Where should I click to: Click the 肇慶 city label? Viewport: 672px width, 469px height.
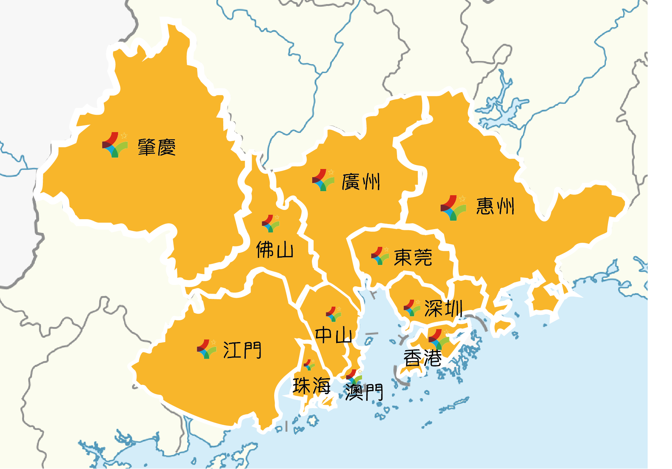click(x=156, y=148)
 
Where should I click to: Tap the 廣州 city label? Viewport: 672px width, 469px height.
click(x=361, y=182)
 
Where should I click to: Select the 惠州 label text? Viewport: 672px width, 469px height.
click(x=495, y=206)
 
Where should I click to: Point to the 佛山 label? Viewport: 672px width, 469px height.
click(x=275, y=250)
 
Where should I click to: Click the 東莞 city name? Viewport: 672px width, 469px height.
click(x=413, y=257)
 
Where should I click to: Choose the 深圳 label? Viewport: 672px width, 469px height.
click(x=443, y=308)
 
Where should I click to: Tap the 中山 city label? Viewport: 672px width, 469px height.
click(x=333, y=335)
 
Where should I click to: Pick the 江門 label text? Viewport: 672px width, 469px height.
click(x=242, y=350)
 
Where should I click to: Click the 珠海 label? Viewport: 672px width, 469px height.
click(x=311, y=386)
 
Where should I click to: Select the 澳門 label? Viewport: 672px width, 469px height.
click(x=364, y=392)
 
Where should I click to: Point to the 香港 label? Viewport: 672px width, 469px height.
click(x=423, y=358)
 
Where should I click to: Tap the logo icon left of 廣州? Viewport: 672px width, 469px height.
click(x=323, y=180)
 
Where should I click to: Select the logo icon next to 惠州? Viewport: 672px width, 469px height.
click(x=453, y=208)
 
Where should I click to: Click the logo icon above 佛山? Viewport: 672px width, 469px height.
click(x=271, y=224)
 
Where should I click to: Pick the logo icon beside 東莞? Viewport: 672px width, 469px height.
click(x=380, y=256)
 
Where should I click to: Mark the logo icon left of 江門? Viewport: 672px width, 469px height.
click(x=207, y=349)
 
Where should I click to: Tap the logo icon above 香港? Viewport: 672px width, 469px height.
click(x=439, y=339)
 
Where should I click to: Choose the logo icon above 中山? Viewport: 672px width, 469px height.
click(x=334, y=314)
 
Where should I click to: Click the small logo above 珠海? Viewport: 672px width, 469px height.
click(x=309, y=365)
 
